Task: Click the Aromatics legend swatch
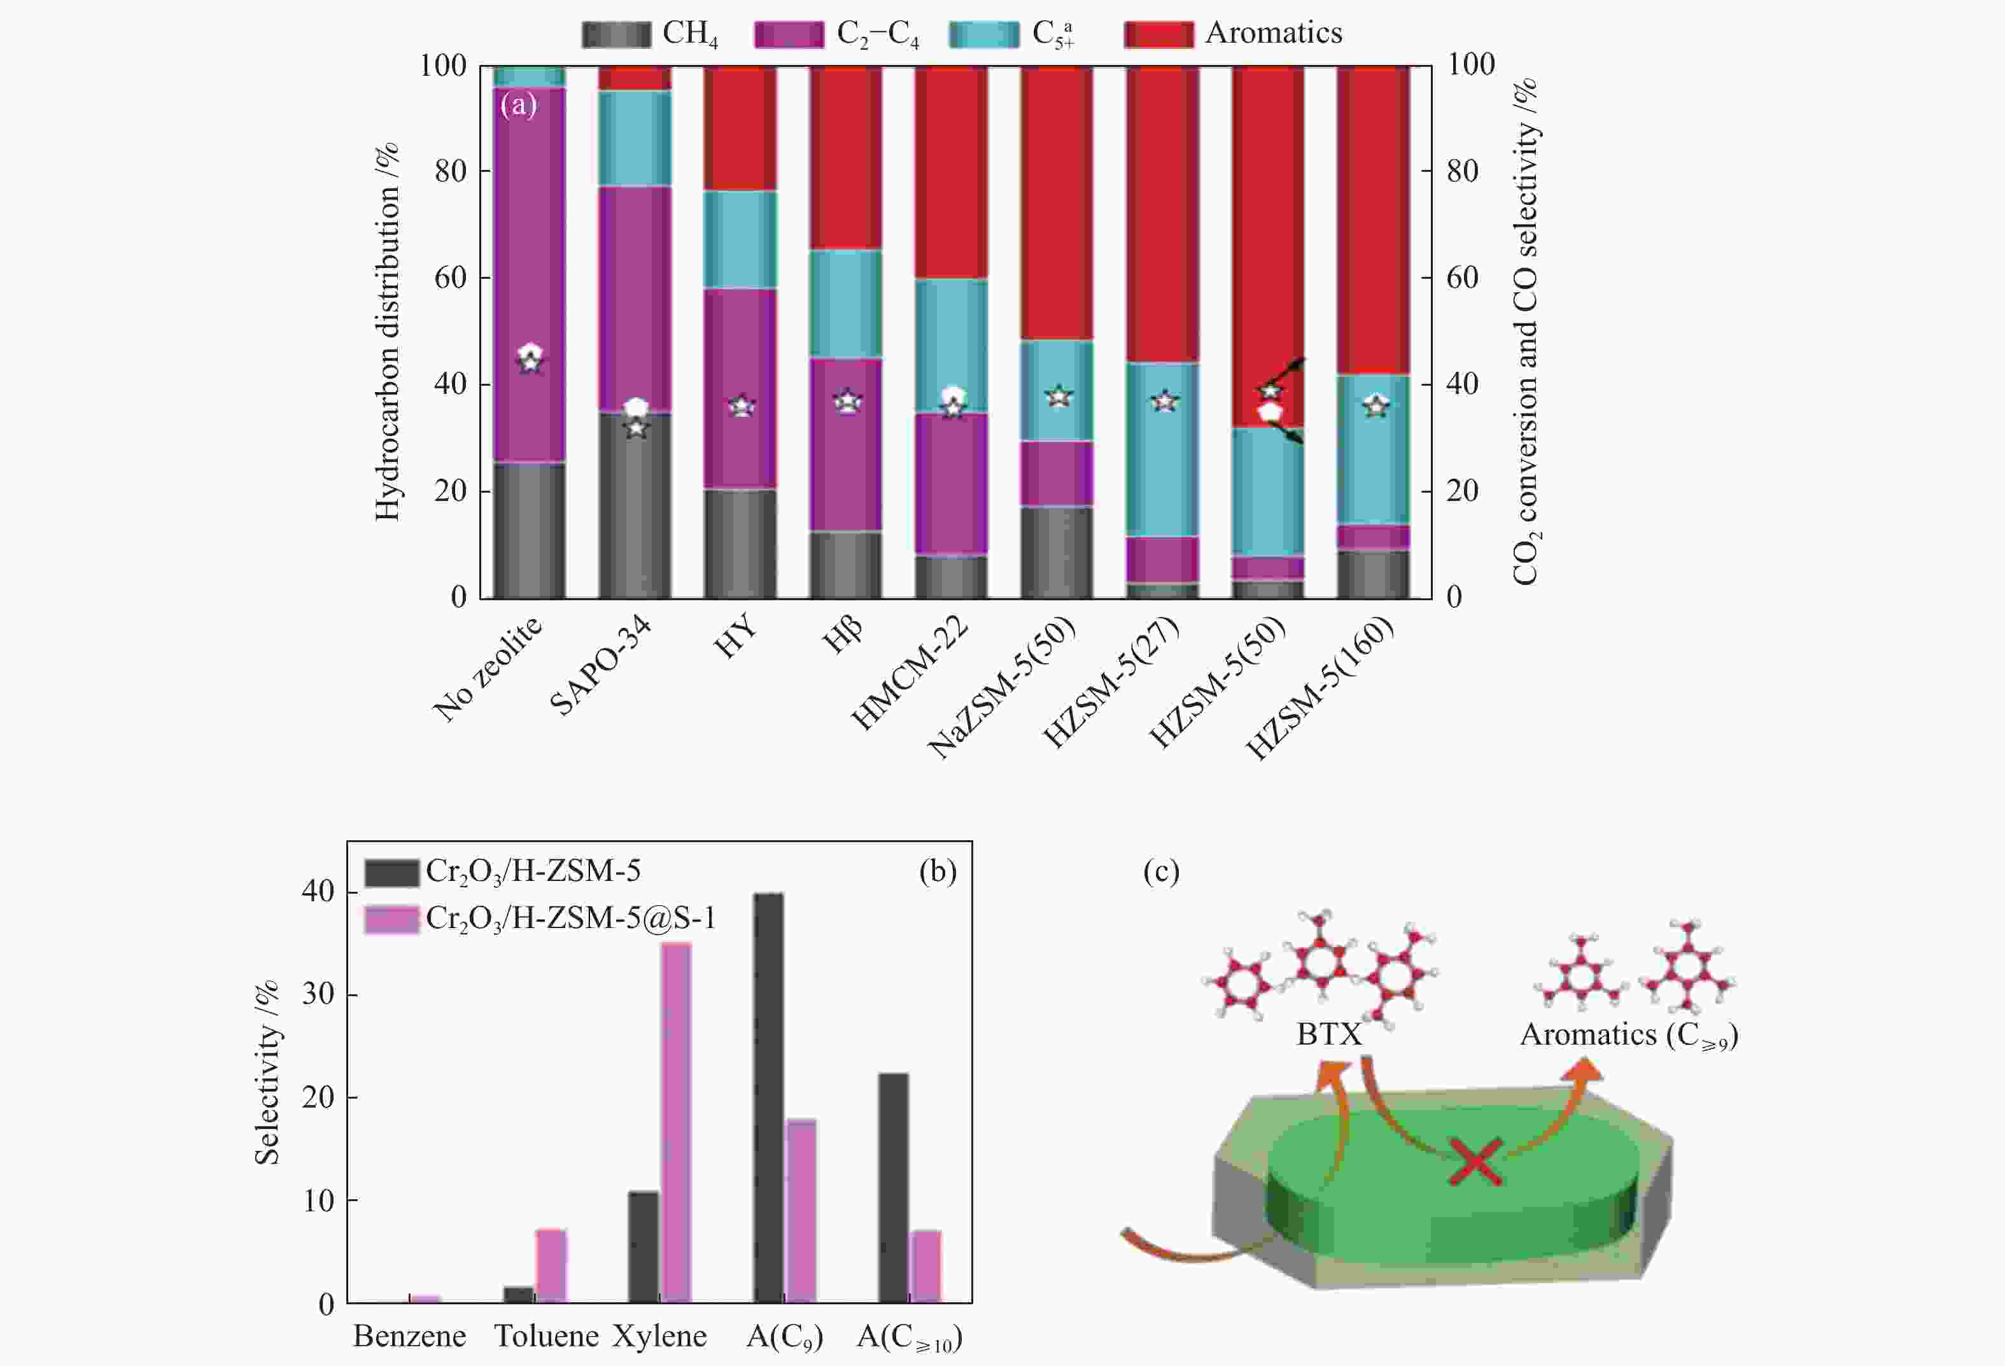[x=1158, y=34]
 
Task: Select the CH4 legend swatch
[x=616, y=34]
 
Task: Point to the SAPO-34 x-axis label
[x=601, y=669]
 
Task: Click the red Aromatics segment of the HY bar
[x=740, y=128]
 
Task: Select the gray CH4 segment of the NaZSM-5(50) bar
[x=1057, y=553]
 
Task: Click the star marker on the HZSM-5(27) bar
[x=1165, y=401]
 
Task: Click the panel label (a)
[x=519, y=105]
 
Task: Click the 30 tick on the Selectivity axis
[x=318, y=994]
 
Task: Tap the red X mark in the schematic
[x=1476, y=1162]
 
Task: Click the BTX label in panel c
[x=1328, y=1034]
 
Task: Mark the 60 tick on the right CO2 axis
[x=1461, y=278]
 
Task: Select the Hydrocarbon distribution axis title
[x=388, y=332]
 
